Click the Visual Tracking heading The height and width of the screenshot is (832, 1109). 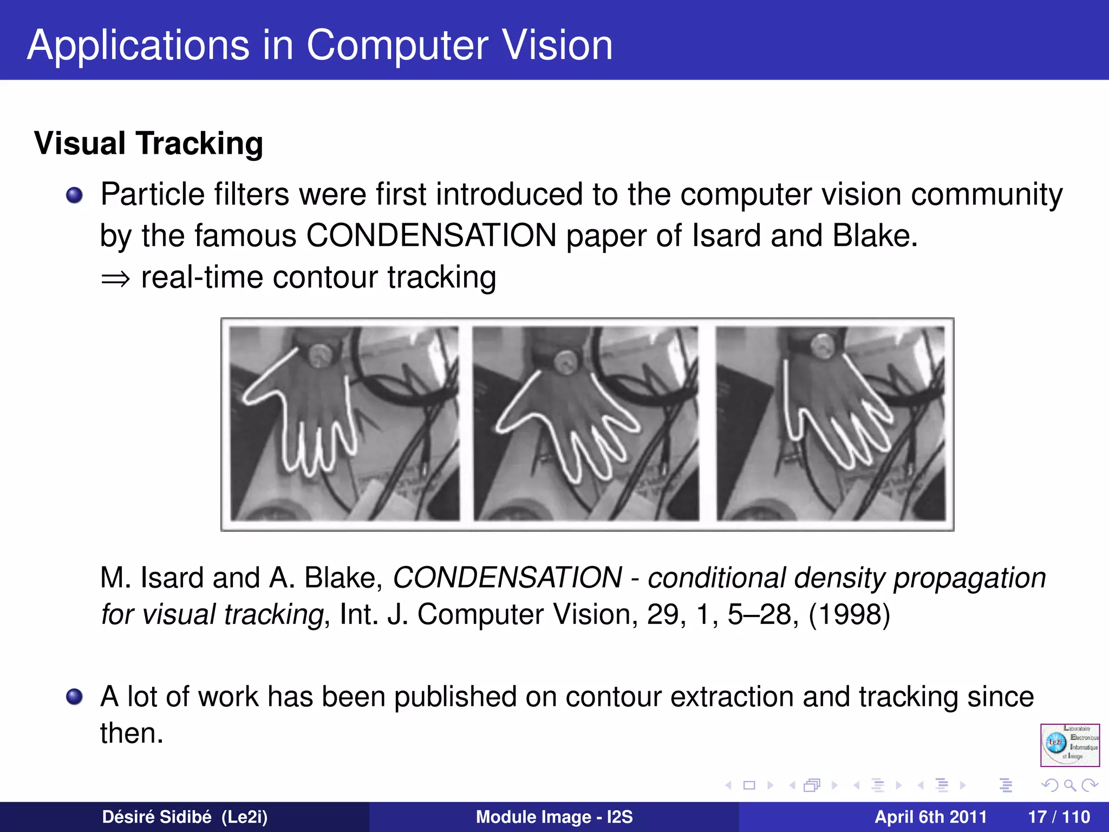[148, 144]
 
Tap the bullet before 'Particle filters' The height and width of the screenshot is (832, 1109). [74, 195]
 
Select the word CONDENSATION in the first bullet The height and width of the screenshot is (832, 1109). [431, 236]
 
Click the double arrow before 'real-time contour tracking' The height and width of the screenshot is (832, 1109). [115, 279]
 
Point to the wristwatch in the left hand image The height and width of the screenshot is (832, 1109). [321, 355]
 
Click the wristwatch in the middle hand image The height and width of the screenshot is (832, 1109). [566, 360]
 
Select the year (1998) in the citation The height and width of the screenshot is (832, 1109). [849, 615]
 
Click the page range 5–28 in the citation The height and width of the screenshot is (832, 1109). [758, 615]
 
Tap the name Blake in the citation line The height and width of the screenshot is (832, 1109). [343, 578]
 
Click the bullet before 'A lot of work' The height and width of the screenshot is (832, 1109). [74, 697]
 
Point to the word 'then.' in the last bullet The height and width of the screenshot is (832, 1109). [132, 733]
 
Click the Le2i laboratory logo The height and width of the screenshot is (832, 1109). [1069, 745]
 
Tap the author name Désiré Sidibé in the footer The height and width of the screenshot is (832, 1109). [156, 817]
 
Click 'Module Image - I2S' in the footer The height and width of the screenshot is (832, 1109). [554, 817]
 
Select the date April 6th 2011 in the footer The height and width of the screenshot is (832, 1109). [930, 817]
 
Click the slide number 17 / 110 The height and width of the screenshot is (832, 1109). [1059, 817]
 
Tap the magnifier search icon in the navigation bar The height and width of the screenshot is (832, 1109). [1069, 785]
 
